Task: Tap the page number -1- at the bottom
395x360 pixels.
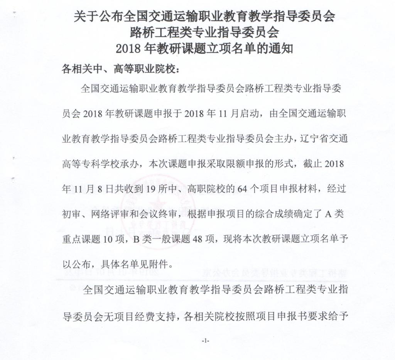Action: pyautogui.click(x=205, y=341)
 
